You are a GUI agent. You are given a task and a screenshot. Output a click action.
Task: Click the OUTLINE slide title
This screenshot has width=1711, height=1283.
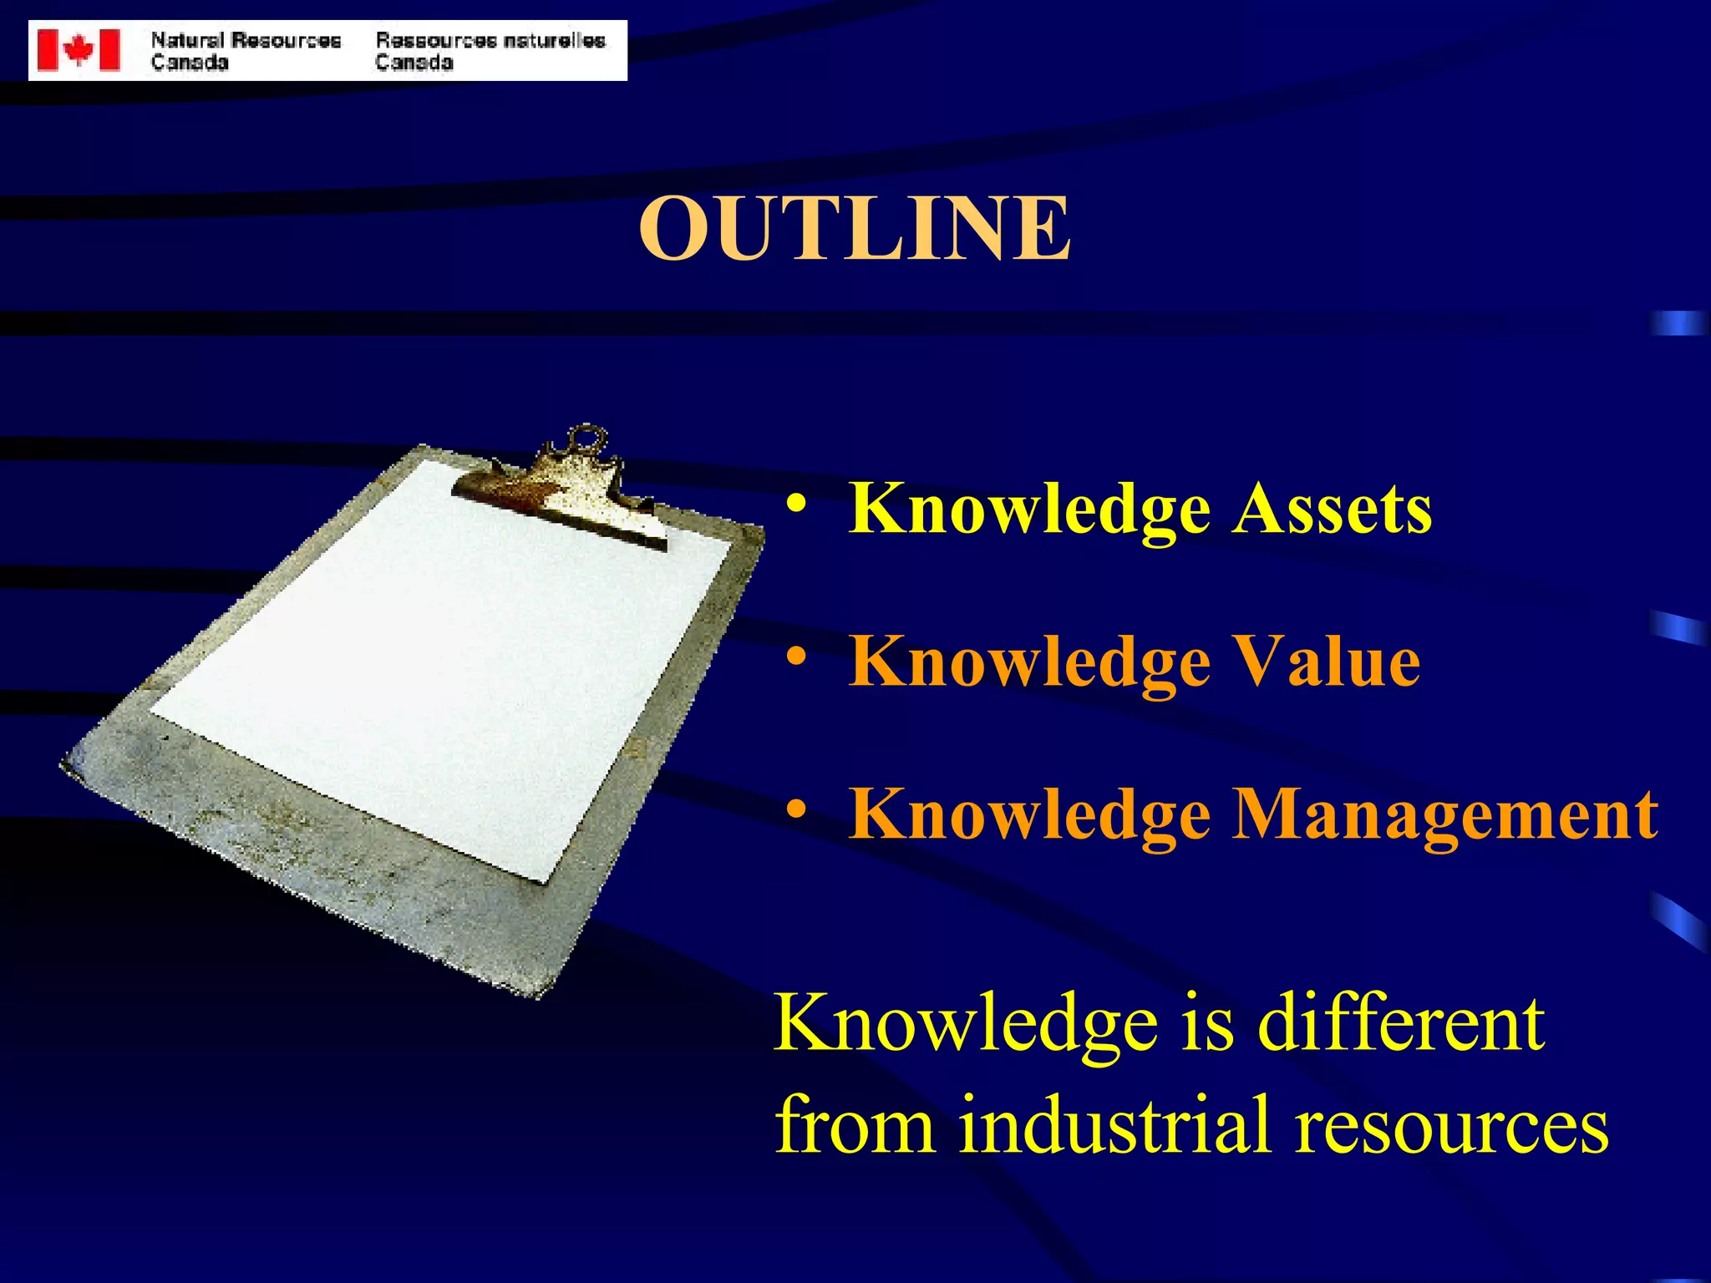pos(854,228)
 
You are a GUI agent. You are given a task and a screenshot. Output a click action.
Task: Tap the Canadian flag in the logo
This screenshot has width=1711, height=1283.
pos(79,50)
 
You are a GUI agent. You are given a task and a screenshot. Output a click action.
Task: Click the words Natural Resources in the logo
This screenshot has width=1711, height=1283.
pos(246,40)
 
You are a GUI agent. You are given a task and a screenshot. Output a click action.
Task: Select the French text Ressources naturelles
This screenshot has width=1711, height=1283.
pos(490,40)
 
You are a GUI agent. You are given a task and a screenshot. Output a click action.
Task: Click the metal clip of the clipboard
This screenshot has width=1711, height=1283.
pos(568,493)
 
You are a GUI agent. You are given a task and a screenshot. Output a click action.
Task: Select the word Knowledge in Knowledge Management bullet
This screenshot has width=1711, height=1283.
pos(1029,816)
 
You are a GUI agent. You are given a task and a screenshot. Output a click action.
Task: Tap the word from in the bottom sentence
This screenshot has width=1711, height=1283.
pos(855,1125)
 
